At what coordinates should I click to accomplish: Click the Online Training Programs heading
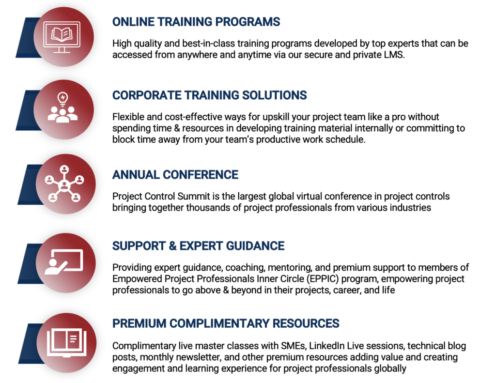196,22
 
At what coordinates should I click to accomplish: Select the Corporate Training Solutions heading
209,95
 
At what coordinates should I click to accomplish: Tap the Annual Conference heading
175,175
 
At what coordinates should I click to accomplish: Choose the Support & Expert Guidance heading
198,246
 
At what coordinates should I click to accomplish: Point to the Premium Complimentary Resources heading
226,323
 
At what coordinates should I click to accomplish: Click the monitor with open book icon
62,36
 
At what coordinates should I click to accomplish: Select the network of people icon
64,184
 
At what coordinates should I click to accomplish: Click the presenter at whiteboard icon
64,262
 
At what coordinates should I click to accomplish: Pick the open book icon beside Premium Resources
66,342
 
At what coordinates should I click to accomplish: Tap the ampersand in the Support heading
173,246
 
